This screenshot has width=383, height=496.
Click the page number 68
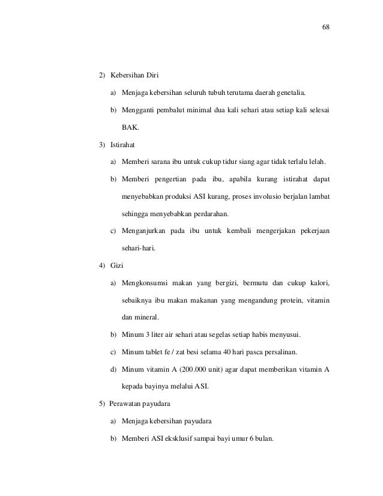pyautogui.click(x=326, y=28)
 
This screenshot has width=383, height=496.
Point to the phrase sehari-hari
pyautogui.click(x=138, y=248)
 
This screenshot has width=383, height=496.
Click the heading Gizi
pyautogui.click(x=116, y=265)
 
